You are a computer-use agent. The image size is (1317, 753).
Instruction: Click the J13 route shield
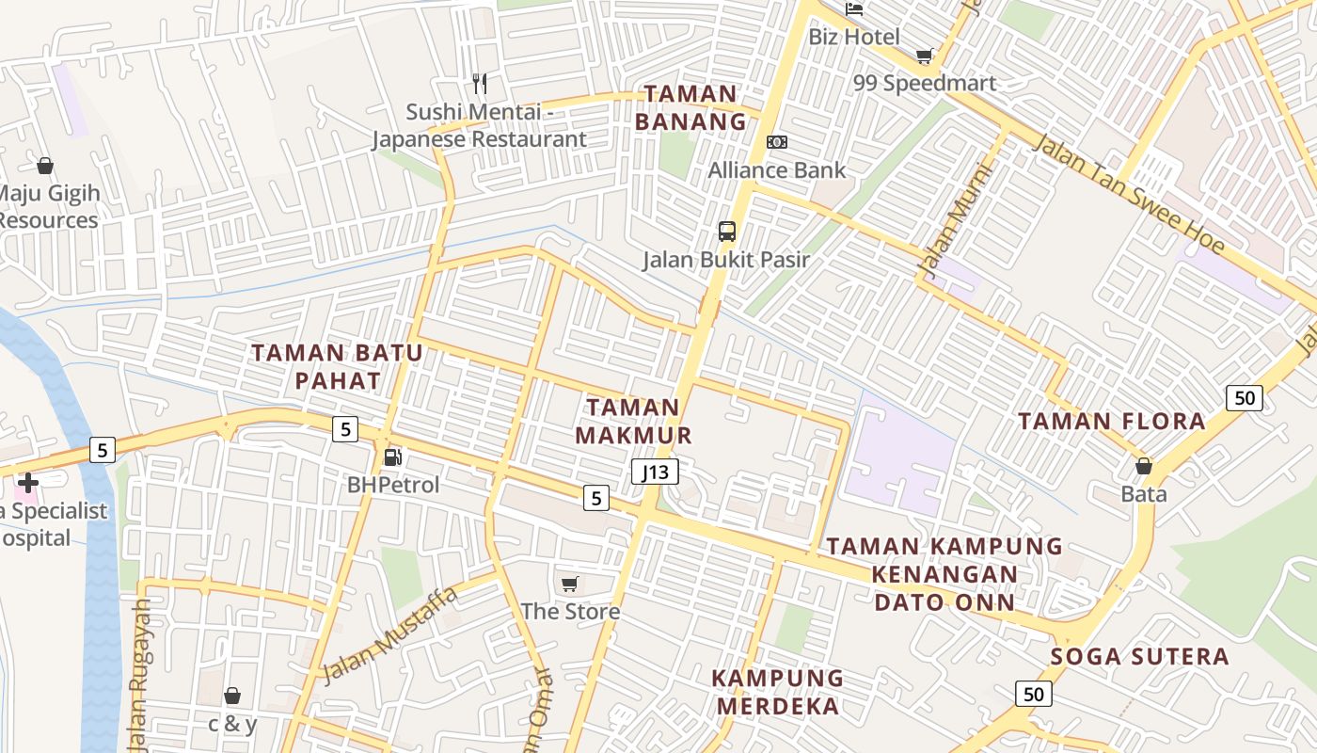point(655,472)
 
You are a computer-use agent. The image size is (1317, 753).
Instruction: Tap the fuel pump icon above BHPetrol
point(393,457)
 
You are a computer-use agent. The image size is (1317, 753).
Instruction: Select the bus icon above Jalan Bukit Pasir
point(726,232)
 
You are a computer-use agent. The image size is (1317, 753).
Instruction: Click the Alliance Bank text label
point(777,170)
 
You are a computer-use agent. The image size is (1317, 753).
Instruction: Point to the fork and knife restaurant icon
point(480,84)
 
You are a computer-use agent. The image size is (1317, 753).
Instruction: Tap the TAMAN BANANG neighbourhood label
point(690,107)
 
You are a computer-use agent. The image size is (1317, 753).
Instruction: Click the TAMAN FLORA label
point(1112,421)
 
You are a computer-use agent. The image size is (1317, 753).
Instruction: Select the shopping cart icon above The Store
point(569,585)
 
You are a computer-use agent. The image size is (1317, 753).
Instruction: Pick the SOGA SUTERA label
point(1139,656)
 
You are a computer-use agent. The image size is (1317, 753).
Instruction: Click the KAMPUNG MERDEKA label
point(777,692)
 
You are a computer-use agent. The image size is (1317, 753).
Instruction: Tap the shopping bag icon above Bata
point(1144,466)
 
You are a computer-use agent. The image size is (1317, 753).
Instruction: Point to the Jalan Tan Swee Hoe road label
point(1129,195)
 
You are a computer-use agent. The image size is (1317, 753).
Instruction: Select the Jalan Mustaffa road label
point(389,634)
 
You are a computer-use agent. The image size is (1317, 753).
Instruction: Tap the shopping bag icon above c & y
point(232,696)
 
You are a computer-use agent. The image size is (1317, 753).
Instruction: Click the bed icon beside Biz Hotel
point(854,9)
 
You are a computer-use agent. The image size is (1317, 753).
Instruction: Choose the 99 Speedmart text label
point(924,83)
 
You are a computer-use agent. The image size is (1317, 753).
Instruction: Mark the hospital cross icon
point(27,483)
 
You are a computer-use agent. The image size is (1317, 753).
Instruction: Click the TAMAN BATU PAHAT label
point(337,367)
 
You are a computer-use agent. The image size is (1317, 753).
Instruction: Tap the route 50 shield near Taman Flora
point(1244,397)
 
